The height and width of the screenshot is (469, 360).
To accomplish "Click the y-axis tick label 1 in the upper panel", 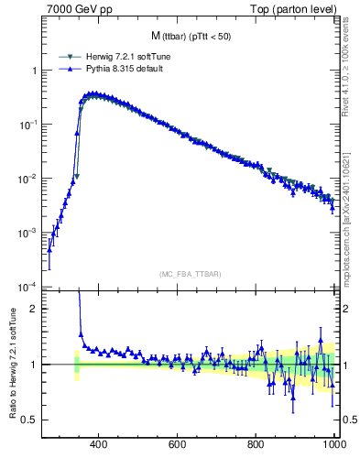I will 35,71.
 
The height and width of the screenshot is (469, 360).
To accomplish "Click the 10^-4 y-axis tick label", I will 29,286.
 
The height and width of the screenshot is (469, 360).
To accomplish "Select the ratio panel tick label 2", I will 35,309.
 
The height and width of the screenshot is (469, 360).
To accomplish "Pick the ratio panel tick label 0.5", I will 31,420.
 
